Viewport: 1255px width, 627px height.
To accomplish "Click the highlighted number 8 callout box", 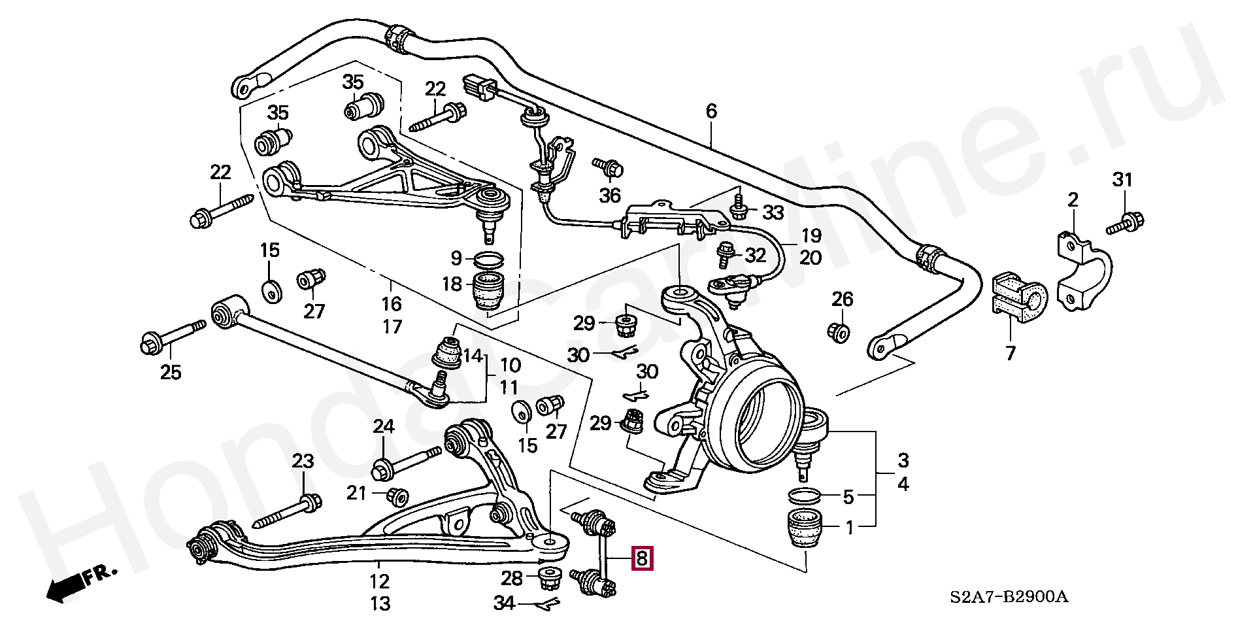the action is (x=641, y=558).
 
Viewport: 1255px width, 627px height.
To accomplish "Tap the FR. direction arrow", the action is (x=82, y=583).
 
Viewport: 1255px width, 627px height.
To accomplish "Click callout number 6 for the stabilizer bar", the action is (x=711, y=111).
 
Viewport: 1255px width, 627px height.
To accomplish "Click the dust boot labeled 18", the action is (x=488, y=292).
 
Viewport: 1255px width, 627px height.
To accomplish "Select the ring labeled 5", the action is (x=806, y=496).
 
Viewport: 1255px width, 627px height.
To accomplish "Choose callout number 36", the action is (x=610, y=195).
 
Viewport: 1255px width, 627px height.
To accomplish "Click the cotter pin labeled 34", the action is (x=546, y=604).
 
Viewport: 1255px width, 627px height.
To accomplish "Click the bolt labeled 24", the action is (x=406, y=462).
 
